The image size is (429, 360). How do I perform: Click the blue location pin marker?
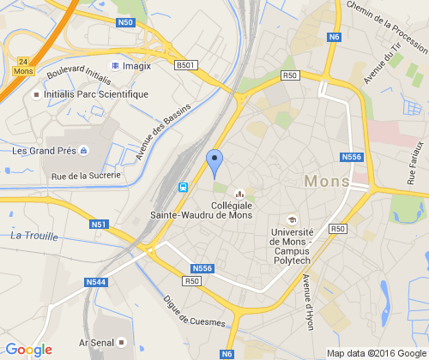(x=214, y=162)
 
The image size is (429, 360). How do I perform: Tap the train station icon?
(x=183, y=187)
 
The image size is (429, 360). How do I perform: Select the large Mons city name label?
(x=327, y=182)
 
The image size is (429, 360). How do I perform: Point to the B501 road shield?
(x=185, y=65)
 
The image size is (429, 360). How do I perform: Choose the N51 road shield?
(x=99, y=225)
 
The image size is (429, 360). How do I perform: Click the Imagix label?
(x=136, y=65)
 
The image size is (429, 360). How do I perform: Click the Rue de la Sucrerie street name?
(x=86, y=176)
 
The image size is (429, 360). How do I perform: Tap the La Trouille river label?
(x=34, y=236)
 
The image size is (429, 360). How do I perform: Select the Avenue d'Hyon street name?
(x=307, y=302)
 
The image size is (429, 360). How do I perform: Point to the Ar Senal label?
(x=96, y=342)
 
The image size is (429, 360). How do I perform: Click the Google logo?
(x=28, y=350)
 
